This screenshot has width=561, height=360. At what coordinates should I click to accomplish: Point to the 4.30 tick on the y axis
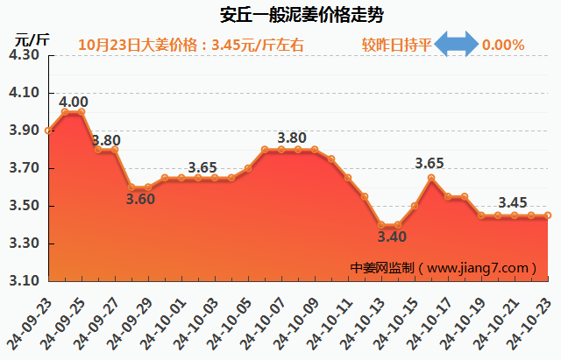coord(24,55)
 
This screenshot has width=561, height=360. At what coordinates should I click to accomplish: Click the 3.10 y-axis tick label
coord(24,282)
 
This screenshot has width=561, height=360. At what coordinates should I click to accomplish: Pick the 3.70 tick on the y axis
coord(24,169)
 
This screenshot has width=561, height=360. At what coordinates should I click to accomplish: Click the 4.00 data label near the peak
coord(73,102)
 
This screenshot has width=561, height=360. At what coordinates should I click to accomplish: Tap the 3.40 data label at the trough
coord(392,236)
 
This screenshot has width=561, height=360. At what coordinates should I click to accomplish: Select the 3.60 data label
coord(140,199)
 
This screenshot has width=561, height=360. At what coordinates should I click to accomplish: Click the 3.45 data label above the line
coord(513,203)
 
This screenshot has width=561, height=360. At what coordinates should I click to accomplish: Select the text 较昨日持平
coord(397,45)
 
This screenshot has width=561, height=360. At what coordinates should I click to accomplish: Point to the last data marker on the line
coord(548,215)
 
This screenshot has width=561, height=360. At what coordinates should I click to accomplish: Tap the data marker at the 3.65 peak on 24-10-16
coord(431,178)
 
